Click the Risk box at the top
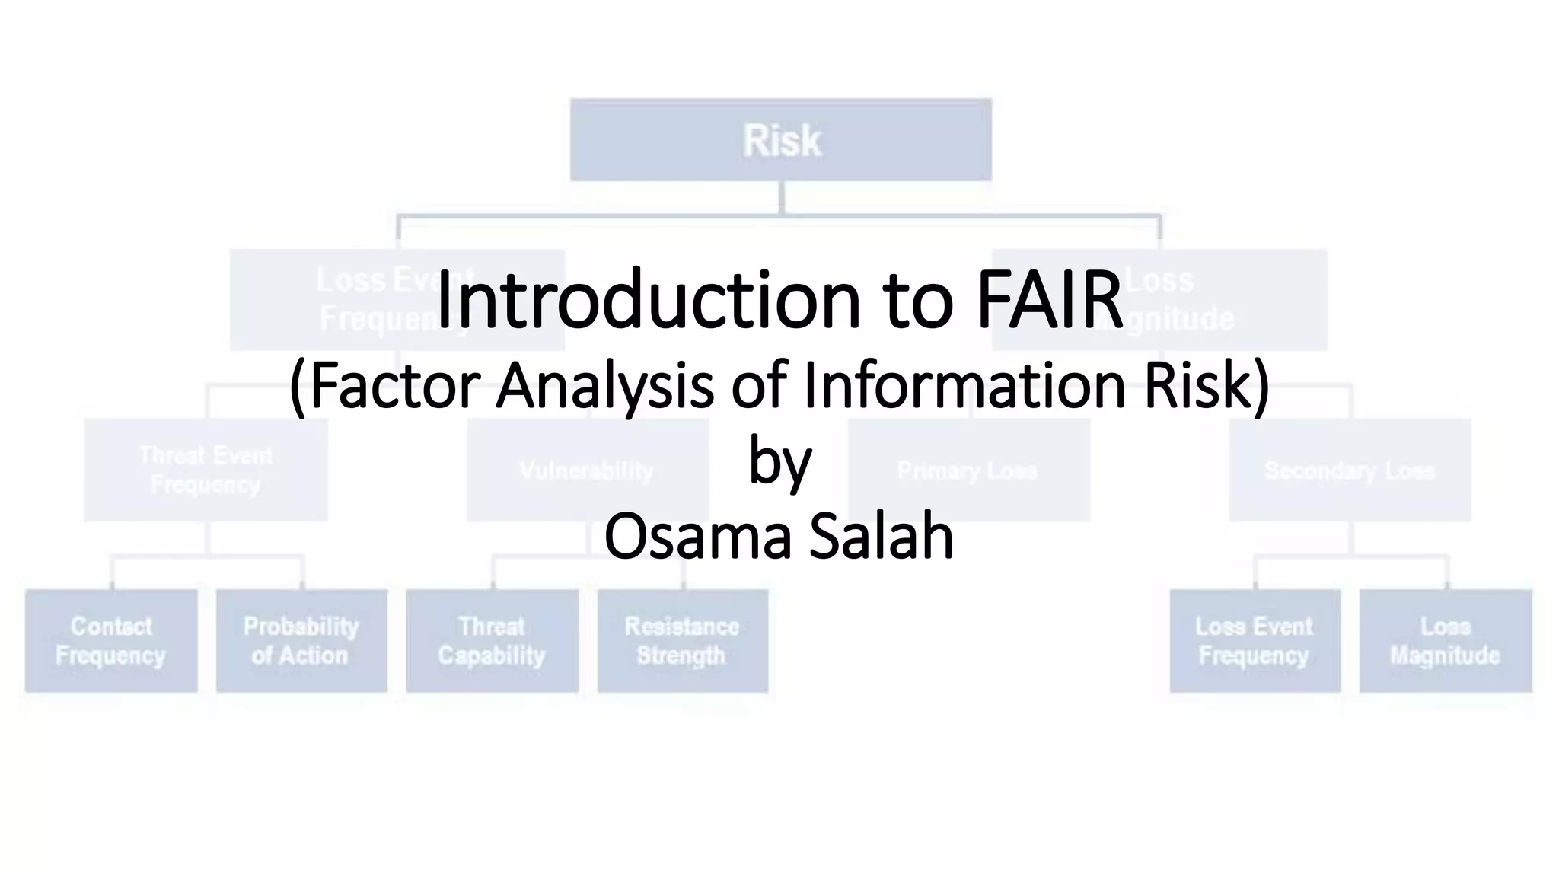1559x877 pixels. [x=781, y=140]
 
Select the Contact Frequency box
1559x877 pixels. [x=111, y=640]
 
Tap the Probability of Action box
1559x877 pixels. [x=301, y=640]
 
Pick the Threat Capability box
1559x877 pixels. [x=492, y=640]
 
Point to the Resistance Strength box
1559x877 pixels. [x=682, y=640]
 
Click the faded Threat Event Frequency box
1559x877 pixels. [x=206, y=470]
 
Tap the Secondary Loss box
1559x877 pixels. [x=1350, y=470]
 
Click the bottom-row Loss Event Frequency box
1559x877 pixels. [x=1255, y=640]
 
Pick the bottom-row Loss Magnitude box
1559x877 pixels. [x=1445, y=640]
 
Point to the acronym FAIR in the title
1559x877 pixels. [x=1049, y=300]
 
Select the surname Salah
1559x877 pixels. [x=881, y=536]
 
